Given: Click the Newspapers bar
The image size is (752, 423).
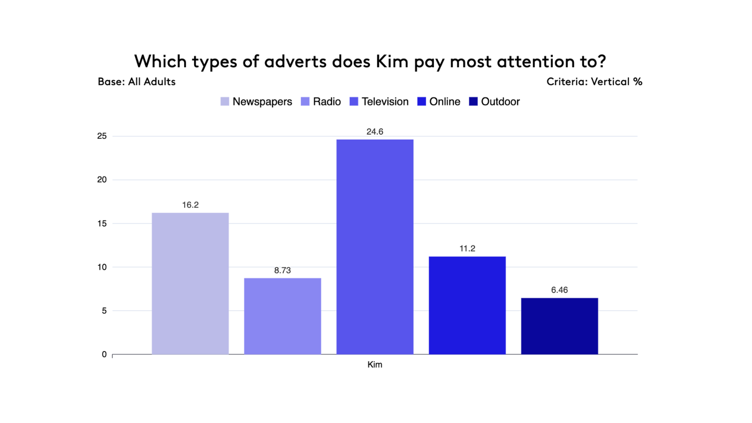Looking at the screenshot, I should [190, 283].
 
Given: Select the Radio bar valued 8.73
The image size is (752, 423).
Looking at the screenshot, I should [282, 316].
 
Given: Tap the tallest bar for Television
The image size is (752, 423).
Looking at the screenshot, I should [375, 247].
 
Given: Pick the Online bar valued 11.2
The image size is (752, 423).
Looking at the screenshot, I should [467, 305].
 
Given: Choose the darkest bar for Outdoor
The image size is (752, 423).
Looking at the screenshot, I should [559, 326].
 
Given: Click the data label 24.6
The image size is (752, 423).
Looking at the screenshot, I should [375, 132].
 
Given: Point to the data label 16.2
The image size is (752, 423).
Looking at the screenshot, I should [190, 205].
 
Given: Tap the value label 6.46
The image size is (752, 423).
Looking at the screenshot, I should [559, 290].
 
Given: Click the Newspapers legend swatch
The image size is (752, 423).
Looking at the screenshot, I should [225, 102].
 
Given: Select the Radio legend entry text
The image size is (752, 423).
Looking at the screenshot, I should [327, 102].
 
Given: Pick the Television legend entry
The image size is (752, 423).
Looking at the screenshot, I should [384, 102].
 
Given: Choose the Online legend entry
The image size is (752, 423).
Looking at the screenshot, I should [444, 102].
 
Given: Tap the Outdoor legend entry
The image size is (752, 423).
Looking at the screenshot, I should [500, 102].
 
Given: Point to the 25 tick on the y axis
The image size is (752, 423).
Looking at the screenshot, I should [102, 136].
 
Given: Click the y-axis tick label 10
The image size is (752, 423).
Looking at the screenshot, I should [102, 267].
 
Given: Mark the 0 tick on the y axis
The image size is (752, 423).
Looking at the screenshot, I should [104, 354].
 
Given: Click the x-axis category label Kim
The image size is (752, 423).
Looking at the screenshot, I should [375, 365].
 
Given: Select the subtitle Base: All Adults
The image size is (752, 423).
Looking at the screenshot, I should [136, 82].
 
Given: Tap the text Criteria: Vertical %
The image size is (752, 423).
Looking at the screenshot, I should [594, 82].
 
